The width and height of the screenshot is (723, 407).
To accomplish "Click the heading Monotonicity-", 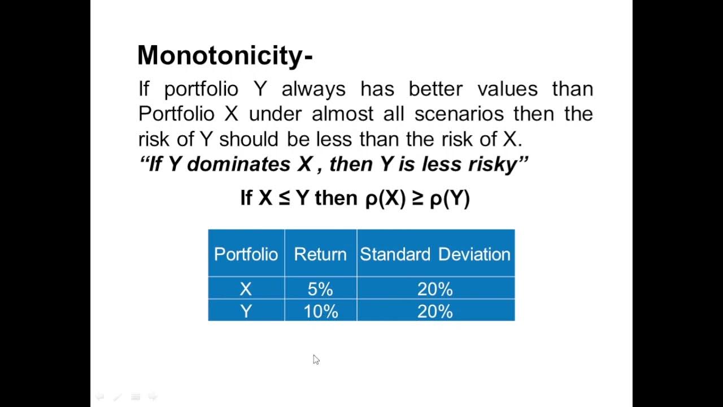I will pos(225,56).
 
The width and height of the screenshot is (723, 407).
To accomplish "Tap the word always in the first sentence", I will pos(313,89).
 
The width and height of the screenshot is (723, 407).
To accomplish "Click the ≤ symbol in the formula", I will pos(284,198).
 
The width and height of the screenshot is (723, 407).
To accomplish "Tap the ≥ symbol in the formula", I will pos(417,198).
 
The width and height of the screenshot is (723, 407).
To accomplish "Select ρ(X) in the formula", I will pos(385,198).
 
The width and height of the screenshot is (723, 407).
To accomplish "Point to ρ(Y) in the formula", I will pos(450,198).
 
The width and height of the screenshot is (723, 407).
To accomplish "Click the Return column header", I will pos(320,254).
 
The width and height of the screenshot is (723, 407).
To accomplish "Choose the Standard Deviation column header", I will pos(435,254).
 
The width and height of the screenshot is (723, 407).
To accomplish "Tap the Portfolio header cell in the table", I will pos(246,254).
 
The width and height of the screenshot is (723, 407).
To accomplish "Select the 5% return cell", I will pos(320,289).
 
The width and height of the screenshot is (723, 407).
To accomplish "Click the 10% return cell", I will pos(320,311).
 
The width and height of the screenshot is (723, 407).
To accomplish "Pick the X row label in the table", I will pos(246,289).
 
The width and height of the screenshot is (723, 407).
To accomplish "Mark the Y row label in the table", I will pos(246,311).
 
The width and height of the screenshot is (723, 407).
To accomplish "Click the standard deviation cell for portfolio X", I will pos(435,289).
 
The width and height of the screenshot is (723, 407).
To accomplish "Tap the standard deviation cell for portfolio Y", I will pos(435,311).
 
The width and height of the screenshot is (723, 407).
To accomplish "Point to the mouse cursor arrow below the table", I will pos(316,360).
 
